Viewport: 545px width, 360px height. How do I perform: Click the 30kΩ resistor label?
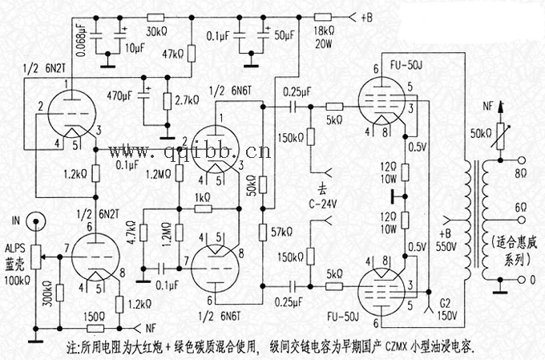pos(156,32)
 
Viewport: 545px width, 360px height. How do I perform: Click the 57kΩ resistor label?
pos(281,232)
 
